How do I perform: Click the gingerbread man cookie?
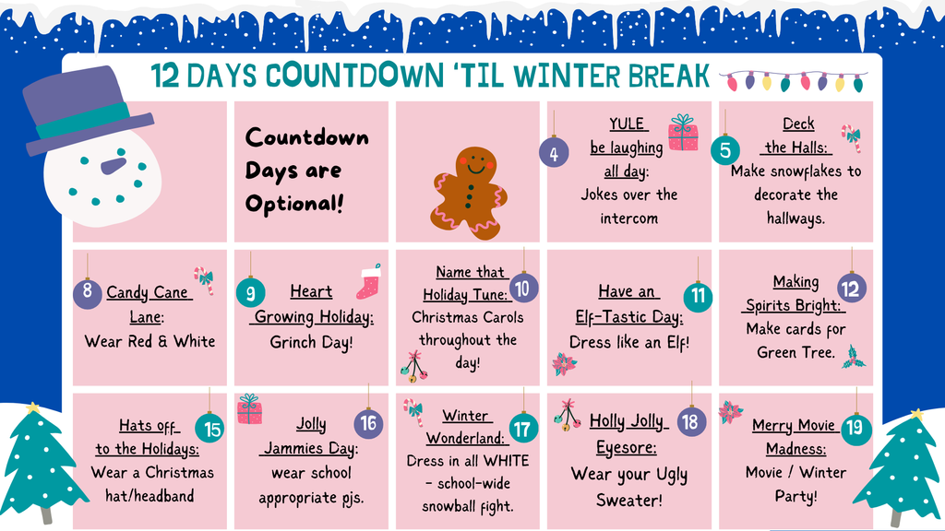pyautogui.click(x=469, y=193)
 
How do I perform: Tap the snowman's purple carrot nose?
pyautogui.click(x=113, y=166)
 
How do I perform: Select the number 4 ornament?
pyautogui.click(x=553, y=154)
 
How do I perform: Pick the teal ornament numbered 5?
pyautogui.click(x=725, y=150)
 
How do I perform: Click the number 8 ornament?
pyautogui.click(x=87, y=294)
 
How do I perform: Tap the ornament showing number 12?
pyautogui.click(x=851, y=289)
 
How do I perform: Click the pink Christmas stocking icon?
pyautogui.click(x=368, y=282)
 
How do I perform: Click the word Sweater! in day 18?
pyautogui.click(x=628, y=500)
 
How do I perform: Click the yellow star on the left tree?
pyautogui.click(x=34, y=407)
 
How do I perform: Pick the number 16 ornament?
pyautogui.click(x=368, y=424)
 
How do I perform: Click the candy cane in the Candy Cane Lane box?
pyautogui.click(x=204, y=278)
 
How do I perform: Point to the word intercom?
pyautogui.click(x=628, y=218)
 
